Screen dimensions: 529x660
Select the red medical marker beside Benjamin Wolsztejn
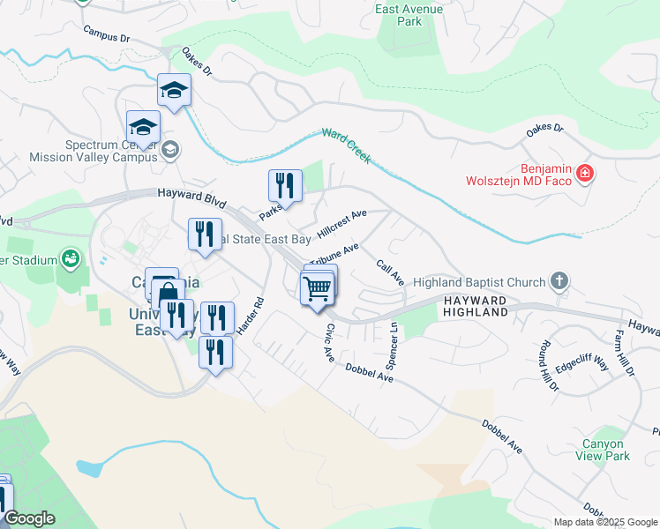pos(584,174)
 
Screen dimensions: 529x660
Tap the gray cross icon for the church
pos(558,282)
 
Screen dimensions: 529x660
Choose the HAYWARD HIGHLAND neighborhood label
pos(475,306)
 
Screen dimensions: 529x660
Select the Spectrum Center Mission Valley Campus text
pos(93,151)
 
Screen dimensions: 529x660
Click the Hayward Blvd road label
pos(188,193)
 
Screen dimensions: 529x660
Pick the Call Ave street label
pos(390,272)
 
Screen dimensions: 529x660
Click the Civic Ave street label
pos(329,343)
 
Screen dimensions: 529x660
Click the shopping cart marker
pos(317,287)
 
